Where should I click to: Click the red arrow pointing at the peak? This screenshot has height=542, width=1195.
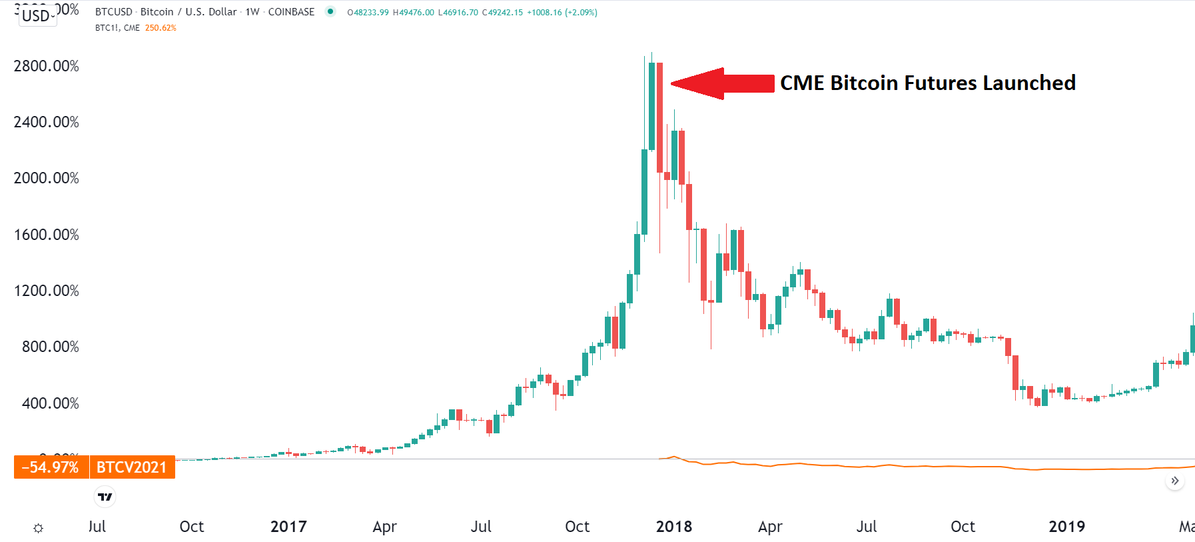(x=723, y=83)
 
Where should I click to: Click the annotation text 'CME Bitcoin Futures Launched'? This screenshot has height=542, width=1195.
(x=927, y=83)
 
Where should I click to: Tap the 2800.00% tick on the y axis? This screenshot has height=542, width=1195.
(x=46, y=66)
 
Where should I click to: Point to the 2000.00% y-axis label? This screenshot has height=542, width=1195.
(x=46, y=178)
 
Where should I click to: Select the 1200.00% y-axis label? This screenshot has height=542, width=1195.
(x=46, y=291)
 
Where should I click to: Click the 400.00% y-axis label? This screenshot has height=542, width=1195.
(x=50, y=403)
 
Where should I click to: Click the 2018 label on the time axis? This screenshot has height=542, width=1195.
(x=673, y=527)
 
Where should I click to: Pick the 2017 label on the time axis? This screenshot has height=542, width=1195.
(x=288, y=527)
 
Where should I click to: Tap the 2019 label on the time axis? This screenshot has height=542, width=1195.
(x=1066, y=527)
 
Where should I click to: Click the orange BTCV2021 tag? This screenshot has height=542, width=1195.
(x=132, y=467)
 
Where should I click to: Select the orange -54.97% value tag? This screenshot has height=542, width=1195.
(x=51, y=467)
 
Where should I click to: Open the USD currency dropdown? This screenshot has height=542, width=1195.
(x=38, y=15)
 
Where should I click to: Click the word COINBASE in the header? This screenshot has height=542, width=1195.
(x=291, y=12)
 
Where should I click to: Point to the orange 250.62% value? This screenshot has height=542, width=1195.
(x=161, y=28)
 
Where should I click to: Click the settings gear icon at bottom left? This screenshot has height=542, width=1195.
(x=39, y=528)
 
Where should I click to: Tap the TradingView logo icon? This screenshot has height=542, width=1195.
(x=105, y=497)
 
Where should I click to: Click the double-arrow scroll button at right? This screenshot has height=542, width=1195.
(x=1175, y=481)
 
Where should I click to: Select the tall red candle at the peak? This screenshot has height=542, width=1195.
(x=659, y=117)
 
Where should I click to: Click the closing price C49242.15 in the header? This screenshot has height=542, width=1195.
(x=502, y=12)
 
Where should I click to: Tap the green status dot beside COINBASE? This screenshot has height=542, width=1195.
(x=330, y=11)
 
